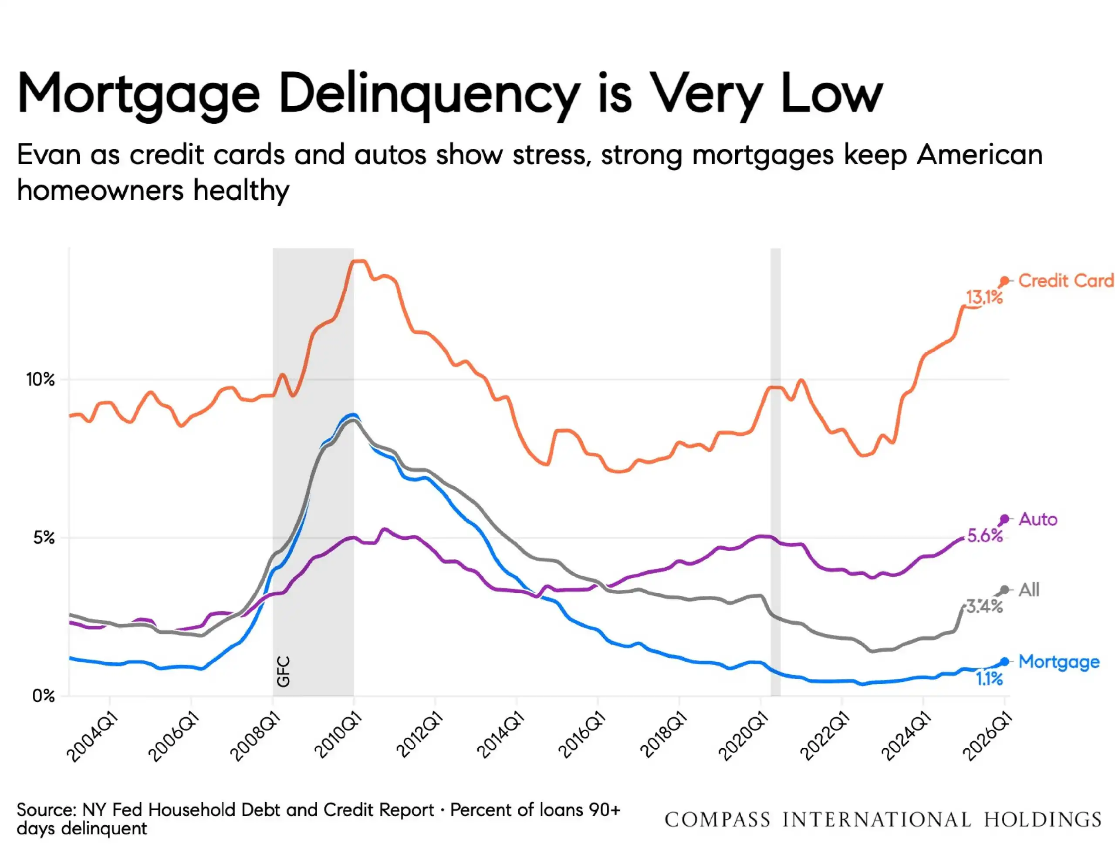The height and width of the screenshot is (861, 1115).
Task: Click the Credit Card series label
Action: [x=1066, y=281]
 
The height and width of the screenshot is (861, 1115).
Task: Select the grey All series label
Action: [x=1029, y=589]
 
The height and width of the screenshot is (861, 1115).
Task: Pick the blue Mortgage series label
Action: [x=1059, y=662]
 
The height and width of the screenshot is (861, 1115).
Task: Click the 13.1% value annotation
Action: [x=984, y=296]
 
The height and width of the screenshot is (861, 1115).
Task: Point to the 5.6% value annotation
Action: [x=985, y=536]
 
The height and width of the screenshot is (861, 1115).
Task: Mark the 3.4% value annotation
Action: [x=985, y=606]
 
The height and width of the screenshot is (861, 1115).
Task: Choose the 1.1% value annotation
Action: [x=990, y=679]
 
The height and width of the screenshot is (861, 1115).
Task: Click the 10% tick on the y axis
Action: [x=41, y=379]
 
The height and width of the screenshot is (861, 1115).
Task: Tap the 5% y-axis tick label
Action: [x=44, y=538]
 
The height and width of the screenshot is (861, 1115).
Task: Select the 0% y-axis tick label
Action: [x=44, y=696]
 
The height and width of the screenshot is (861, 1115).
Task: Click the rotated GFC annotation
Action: [x=284, y=671]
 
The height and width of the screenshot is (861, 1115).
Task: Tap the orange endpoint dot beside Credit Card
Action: [x=1004, y=281]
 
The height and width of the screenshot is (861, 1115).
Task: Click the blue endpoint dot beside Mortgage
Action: [x=1004, y=662]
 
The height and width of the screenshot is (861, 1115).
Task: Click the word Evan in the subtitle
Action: [x=48, y=154]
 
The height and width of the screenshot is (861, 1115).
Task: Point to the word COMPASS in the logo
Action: [x=717, y=820]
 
